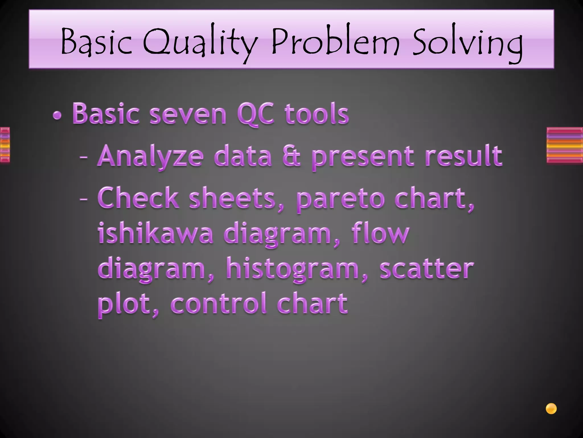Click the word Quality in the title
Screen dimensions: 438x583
199,43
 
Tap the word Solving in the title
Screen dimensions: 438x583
467,43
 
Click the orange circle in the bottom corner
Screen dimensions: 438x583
551,409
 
